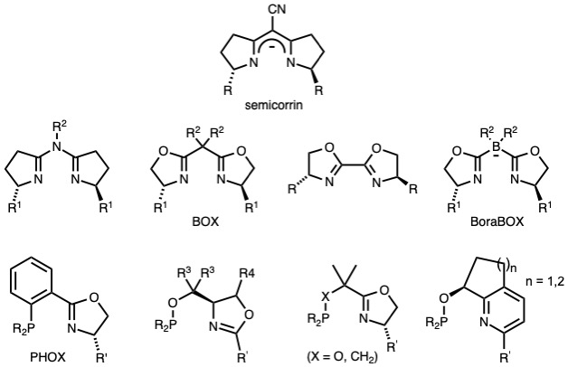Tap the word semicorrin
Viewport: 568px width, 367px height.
point(287,105)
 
